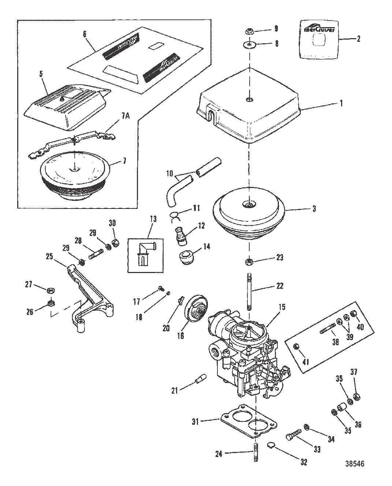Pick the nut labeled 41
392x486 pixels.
coord(297,347)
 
